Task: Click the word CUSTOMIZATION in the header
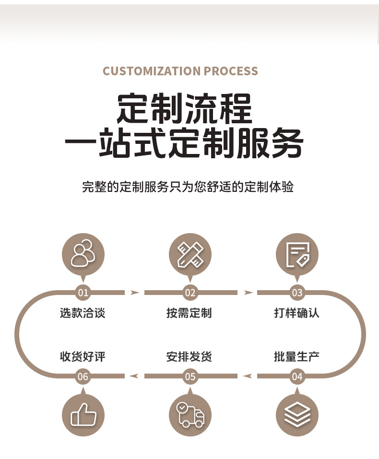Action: pyautogui.click(x=152, y=71)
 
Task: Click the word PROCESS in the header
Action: pyautogui.click(x=231, y=71)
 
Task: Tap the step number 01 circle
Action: pyautogui.click(x=83, y=293)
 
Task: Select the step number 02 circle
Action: pyautogui.click(x=190, y=293)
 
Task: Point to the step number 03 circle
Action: pyautogui.click(x=297, y=293)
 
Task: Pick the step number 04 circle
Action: pyautogui.click(x=297, y=377)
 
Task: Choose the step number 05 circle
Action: pyautogui.click(x=190, y=377)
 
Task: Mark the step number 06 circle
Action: pyautogui.click(x=83, y=377)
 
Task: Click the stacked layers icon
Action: pyautogui.click(x=297, y=415)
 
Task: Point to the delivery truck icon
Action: pyautogui.click(x=190, y=415)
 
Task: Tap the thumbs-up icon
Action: pyautogui.click(x=83, y=415)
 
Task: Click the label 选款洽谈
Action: pyautogui.click(x=83, y=313)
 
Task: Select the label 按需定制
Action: pyautogui.click(x=189, y=313)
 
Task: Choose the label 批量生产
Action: pyautogui.click(x=296, y=356)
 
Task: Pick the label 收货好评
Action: pyautogui.click(x=83, y=356)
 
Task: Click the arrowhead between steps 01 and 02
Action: pyautogui.click(x=135, y=293)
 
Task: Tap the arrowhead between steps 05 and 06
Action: pyautogui.click(x=134, y=376)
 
